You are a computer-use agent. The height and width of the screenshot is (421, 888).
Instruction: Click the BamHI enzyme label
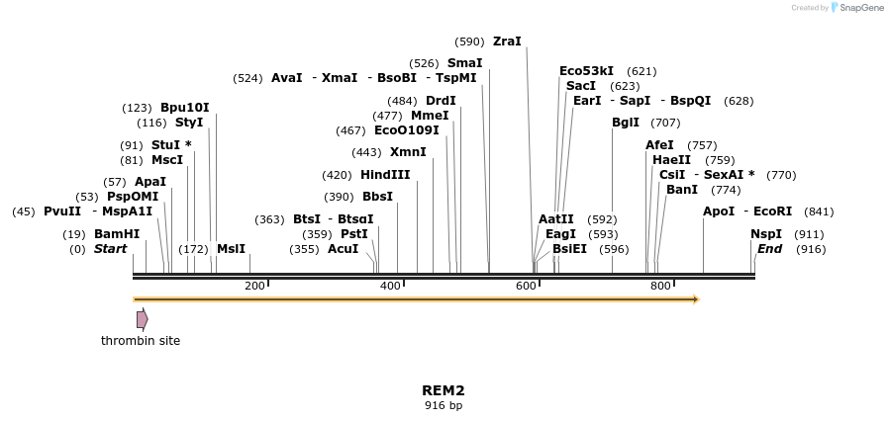pos(117,234)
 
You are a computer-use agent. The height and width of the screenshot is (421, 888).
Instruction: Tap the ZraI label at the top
pos(507,42)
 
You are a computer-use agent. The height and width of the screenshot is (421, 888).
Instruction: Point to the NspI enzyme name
pos(766,234)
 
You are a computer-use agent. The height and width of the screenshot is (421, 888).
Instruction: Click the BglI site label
pos(626,123)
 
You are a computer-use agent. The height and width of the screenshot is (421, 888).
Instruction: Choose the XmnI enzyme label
pos(408,152)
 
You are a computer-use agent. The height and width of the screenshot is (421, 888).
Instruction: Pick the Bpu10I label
pos(185,108)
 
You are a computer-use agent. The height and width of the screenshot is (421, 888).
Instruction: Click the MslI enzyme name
pos(231,249)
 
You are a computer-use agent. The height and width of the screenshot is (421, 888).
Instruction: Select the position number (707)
pos(665,123)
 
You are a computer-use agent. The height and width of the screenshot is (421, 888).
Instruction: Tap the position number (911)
pos(809,234)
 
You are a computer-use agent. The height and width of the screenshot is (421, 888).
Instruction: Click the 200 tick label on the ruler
pos(254,286)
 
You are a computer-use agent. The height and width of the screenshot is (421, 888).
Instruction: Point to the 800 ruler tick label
pos(660,286)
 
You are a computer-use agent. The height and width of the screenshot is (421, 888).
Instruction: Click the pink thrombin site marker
pos(143,319)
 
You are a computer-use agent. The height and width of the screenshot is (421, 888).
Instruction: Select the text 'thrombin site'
pos(141,341)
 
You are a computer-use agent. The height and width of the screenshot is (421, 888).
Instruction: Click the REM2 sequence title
pos(444,390)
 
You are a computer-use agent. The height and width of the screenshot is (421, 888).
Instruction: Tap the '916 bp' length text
pos(444,405)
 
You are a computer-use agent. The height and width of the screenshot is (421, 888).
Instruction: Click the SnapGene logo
pos(857,8)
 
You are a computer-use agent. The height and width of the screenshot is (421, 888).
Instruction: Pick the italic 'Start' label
pos(110,249)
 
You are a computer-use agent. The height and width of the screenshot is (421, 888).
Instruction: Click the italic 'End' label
pos(769,249)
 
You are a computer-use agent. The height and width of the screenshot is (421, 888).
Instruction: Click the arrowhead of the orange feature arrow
pos(696,298)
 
